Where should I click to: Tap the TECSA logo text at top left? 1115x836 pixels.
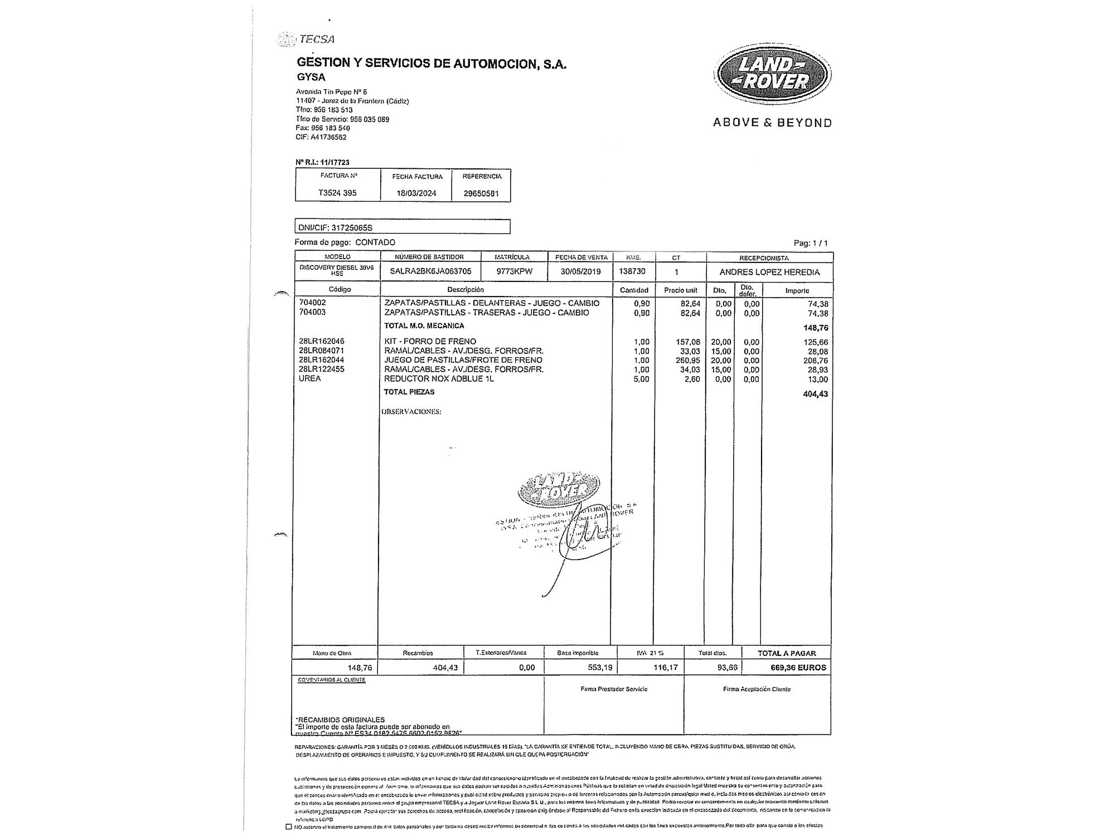(x=316, y=39)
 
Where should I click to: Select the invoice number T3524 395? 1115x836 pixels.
(x=337, y=193)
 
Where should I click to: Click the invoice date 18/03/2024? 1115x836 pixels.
(x=416, y=193)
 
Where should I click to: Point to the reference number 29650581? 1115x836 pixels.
(x=481, y=193)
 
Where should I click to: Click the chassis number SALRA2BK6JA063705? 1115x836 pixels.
(x=430, y=272)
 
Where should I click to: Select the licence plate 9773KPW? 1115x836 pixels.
(x=515, y=272)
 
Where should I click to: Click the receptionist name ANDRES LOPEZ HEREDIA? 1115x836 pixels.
(x=769, y=273)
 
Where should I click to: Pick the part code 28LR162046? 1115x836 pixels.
(x=322, y=341)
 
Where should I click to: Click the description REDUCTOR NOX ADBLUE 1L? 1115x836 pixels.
(x=439, y=379)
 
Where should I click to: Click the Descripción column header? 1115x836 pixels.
(x=466, y=290)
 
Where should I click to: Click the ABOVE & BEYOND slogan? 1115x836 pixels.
(x=772, y=123)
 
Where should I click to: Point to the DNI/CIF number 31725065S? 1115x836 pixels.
(x=351, y=227)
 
